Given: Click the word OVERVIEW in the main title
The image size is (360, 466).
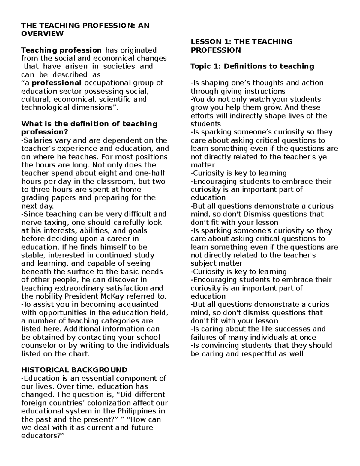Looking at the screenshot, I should pos(42,34).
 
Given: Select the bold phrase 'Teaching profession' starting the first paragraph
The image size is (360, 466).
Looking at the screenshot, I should pos(61,50).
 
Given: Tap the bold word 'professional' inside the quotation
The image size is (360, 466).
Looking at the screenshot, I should pos(57,83).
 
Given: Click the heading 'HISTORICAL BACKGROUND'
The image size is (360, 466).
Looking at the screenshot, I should pos(74,370).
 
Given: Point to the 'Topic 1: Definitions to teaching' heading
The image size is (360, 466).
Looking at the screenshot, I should pos(252,66).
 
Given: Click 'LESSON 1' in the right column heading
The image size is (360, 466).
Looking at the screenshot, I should pos(207,42).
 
